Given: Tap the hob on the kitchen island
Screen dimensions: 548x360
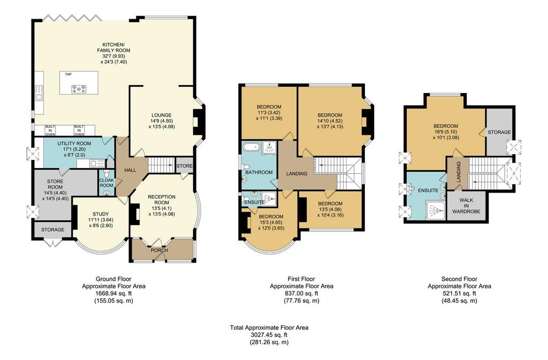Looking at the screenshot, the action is (x=79, y=89).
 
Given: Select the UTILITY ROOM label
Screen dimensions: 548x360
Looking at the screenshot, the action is (x=74, y=143).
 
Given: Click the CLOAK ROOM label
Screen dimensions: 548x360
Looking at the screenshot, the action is (x=107, y=182).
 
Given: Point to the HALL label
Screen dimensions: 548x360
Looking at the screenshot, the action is (x=131, y=170).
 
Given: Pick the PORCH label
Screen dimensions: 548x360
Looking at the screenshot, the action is (x=159, y=250).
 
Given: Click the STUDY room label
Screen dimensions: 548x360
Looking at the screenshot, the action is (x=101, y=214).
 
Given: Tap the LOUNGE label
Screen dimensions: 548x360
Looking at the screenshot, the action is (x=162, y=115).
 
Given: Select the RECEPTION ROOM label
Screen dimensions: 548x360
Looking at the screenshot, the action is (x=162, y=200).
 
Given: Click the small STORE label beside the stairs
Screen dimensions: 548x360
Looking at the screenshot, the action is (x=184, y=166).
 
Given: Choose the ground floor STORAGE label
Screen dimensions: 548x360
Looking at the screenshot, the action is (x=53, y=229).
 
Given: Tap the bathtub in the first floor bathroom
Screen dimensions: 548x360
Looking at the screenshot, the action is (x=252, y=147).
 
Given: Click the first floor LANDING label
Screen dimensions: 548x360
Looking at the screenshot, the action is (x=296, y=173).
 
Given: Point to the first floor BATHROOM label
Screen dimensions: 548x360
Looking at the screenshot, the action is (x=258, y=172).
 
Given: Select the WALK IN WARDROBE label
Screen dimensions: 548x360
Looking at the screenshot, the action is (x=466, y=205).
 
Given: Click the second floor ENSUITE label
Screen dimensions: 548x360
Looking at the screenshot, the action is (x=428, y=190).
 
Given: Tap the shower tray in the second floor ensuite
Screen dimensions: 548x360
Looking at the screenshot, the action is (x=435, y=210).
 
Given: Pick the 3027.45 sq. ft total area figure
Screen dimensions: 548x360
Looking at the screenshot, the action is (x=269, y=335).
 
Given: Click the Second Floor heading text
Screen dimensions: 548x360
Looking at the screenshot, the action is (x=459, y=279).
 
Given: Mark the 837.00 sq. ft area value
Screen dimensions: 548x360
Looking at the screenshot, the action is (x=301, y=293).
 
